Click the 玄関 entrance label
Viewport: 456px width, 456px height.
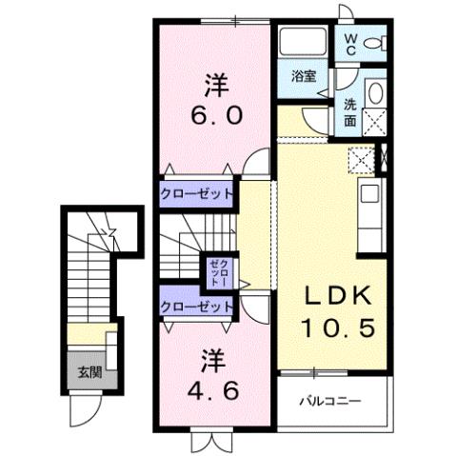point(87,371)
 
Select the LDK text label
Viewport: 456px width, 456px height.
point(333,296)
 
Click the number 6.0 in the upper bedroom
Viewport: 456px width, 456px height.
point(218,115)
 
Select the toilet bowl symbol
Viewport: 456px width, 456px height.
point(377,42)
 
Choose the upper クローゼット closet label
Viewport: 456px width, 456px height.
point(195,191)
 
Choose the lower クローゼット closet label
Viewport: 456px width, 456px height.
point(195,307)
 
